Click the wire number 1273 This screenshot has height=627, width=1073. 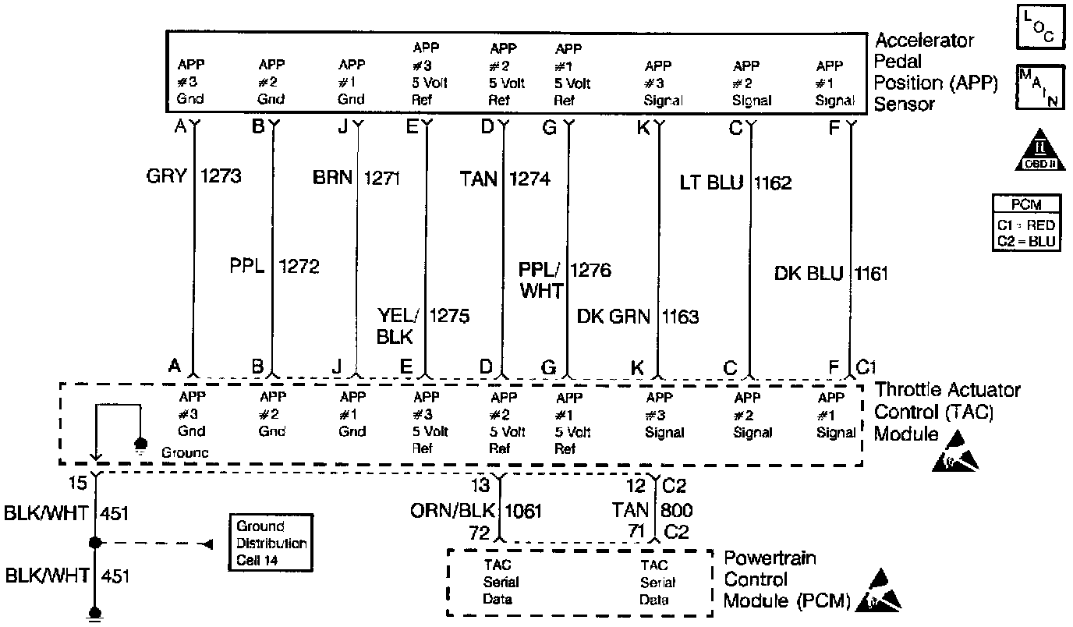pyautogui.click(x=221, y=176)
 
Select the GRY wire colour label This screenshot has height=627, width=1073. pyautogui.click(x=167, y=176)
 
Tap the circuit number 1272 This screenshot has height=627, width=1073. pyautogui.click(x=299, y=267)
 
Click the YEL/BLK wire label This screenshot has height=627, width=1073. pyautogui.click(x=398, y=325)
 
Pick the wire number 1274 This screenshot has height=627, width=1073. pyautogui.click(x=529, y=179)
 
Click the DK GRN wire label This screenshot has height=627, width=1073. pyautogui.click(x=616, y=317)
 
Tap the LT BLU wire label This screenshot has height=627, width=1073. pyautogui.click(x=711, y=183)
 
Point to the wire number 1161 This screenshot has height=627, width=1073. pyautogui.click(x=871, y=274)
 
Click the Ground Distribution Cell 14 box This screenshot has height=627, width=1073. pyautogui.click(x=271, y=543)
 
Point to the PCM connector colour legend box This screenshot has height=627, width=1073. pyautogui.click(x=1025, y=223)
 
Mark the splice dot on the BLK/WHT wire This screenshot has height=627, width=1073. pyautogui.click(x=95, y=543)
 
